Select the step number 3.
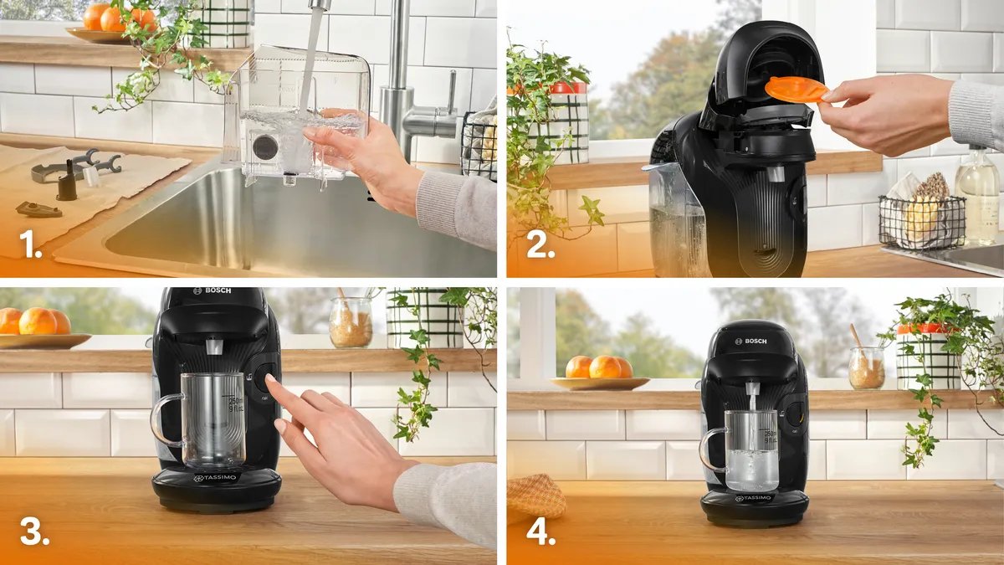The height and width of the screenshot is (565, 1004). (34, 533)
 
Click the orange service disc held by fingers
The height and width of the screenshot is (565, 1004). (796, 88)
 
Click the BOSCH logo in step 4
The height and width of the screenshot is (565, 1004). (750, 342)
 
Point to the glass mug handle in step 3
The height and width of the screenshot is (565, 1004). (164, 419)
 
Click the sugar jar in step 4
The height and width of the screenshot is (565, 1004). (866, 367)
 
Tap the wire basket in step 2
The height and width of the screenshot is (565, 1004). (921, 221)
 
